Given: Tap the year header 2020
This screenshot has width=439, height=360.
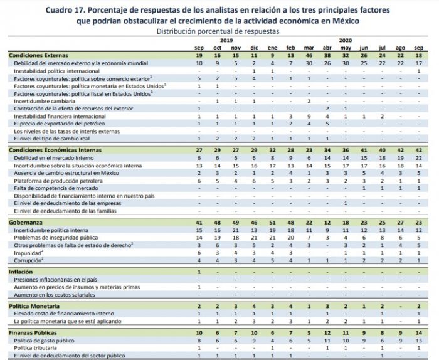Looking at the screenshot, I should pyautogui.click(x=346, y=40).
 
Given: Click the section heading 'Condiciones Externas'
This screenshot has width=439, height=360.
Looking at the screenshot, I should pyautogui.click(x=38, y=56).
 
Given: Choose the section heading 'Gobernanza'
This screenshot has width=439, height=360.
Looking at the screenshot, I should pyautogui.click(x=26, y=222).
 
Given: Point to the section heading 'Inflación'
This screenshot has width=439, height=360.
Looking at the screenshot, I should pyautogui.click(x=22, y=272).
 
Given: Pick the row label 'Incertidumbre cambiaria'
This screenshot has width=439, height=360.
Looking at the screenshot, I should pyautogui.click(x=46, y=100).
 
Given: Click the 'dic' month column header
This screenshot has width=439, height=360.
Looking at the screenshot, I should pyautogui.click(x=254, y=48).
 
